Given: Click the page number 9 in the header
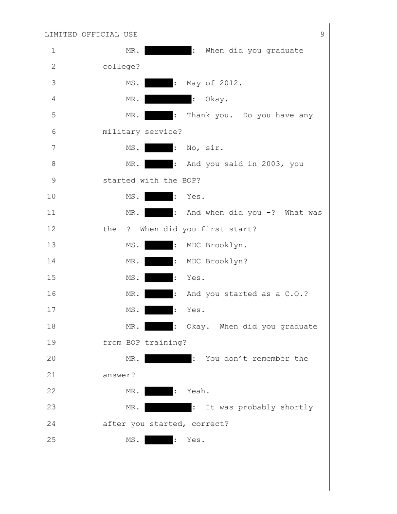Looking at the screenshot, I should tap(323, 34).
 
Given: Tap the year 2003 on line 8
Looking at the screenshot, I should tap(275, 164).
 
